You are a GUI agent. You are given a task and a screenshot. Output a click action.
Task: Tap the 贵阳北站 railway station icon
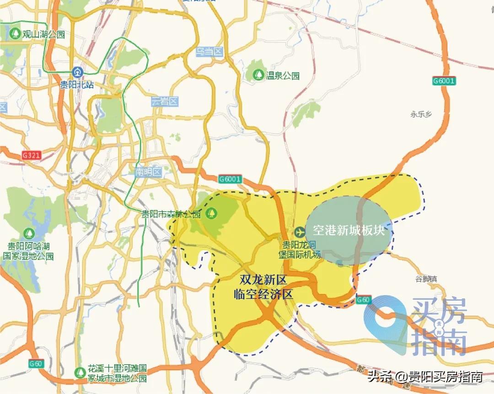(x=77, y=71)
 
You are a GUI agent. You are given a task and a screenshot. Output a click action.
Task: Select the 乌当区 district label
(x=209, y=52)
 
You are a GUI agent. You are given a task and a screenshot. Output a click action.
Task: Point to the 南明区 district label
(x=149, y=172)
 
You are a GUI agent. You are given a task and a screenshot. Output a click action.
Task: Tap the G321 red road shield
(x=32, y=155)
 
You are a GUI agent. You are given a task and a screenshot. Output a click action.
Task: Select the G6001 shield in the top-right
(x=444, y=81)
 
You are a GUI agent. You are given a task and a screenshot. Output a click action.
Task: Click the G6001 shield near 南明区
(x=230, y=179)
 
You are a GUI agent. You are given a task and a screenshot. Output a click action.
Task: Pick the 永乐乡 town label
(x=421, y=114)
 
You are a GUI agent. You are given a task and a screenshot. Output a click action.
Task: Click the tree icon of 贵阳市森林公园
(x=211, y=212)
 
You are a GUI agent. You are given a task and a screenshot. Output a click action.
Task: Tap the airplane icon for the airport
(x=300, y=232)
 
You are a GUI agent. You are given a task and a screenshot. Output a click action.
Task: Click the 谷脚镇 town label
(x=426, y=279)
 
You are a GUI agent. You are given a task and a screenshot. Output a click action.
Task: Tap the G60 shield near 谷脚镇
(x=363, y=300)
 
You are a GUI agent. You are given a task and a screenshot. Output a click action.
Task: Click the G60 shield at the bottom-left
(x=36, y=364)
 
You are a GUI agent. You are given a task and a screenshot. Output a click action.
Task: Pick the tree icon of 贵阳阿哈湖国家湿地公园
(x=29, y=233)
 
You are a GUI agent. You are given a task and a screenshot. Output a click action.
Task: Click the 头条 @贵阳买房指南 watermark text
(x=425, y=377)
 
